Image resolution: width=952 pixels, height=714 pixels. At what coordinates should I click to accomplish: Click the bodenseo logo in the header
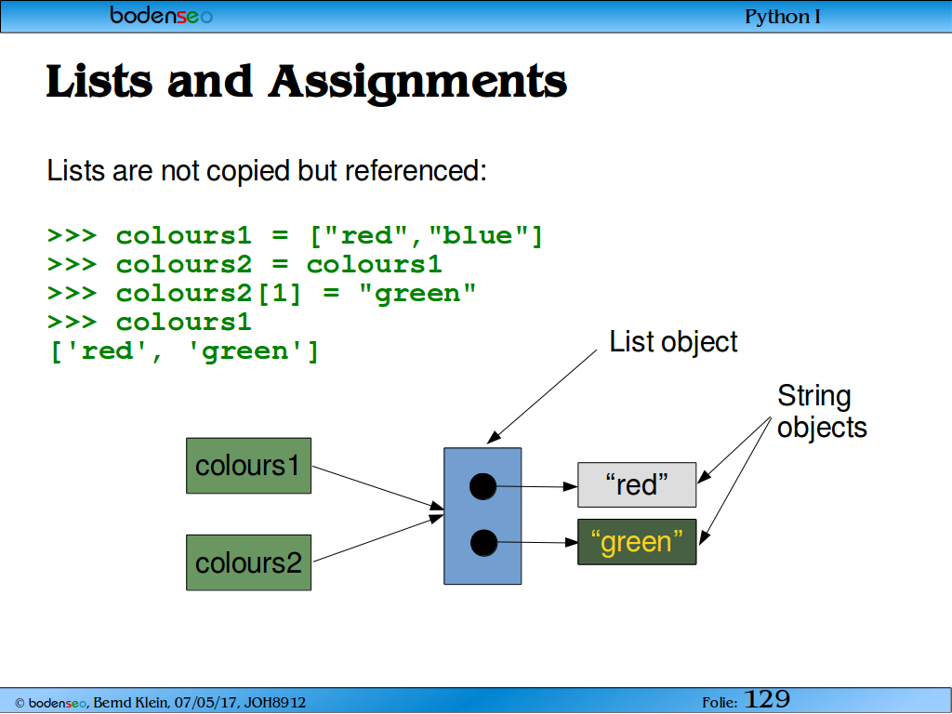162,15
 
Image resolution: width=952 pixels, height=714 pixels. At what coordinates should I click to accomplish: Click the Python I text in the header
783,17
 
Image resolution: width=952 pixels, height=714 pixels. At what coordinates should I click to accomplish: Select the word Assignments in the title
417,83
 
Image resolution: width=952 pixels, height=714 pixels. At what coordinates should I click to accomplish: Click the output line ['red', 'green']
184,351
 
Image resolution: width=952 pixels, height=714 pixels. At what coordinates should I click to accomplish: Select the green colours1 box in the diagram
249,466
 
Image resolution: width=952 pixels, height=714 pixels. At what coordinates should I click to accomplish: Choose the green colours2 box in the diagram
249,562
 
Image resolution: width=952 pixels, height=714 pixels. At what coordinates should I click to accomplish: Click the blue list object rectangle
483,516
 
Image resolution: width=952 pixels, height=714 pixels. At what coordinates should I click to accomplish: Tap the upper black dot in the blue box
483,486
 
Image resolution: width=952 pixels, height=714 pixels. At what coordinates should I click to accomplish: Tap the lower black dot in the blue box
483,543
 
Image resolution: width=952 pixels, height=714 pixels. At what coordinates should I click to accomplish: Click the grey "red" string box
637,484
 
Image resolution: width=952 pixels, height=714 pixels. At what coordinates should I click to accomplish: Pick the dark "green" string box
637,542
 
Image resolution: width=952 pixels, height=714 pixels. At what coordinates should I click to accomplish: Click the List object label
673,342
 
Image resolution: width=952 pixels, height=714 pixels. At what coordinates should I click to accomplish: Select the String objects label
822,411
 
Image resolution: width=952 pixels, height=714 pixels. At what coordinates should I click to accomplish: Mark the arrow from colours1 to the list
378,488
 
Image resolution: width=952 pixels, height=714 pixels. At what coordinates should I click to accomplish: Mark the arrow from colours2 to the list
378,538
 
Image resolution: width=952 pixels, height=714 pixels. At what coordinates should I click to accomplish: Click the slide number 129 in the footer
767,699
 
